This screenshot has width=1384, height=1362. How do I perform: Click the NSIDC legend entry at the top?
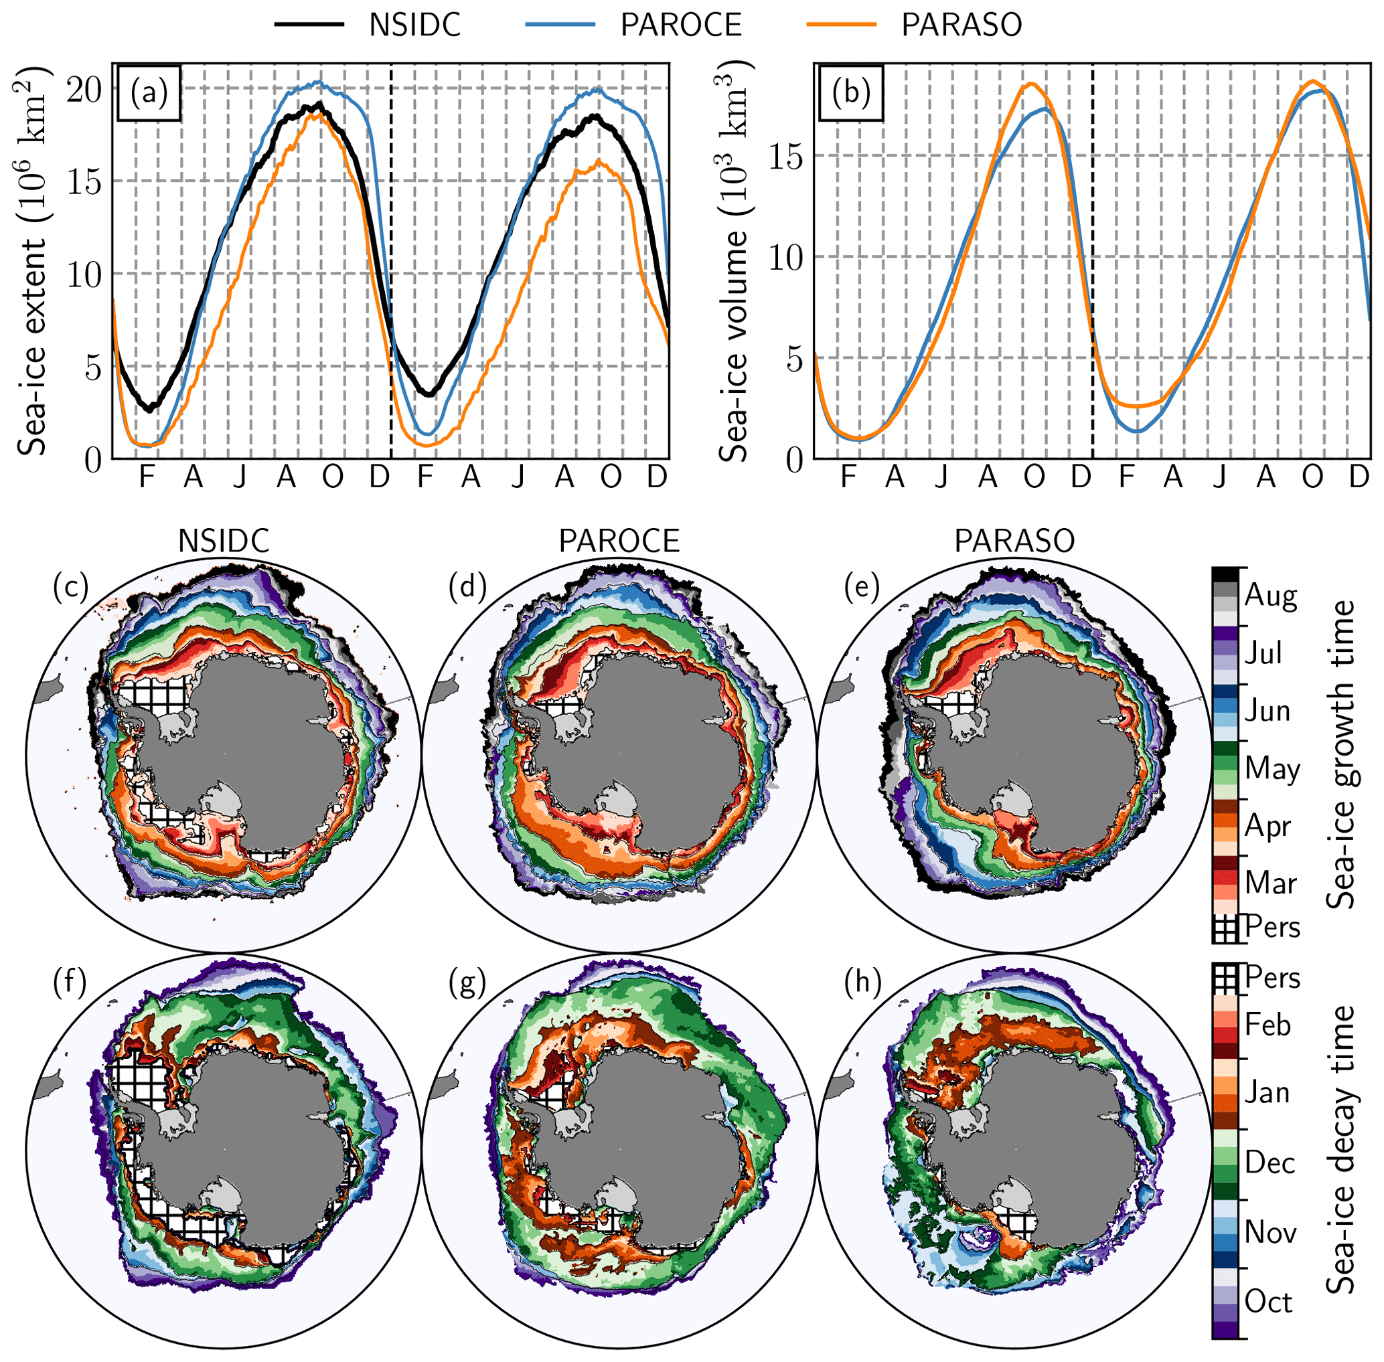(x=414, y=25)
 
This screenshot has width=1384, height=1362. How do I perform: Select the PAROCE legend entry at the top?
(x=680, y=25)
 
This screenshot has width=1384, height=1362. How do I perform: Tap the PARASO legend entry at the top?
(x=961, y=25)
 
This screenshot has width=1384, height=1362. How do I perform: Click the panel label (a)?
(x=149, y=93)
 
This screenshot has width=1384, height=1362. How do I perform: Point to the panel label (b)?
(x=851, y=93)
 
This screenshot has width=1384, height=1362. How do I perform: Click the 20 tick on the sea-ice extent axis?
(x=84, y=90)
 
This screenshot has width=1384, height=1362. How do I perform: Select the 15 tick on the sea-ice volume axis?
(x=786, y=156)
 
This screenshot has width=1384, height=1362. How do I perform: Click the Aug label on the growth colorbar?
(x=1271, y=595)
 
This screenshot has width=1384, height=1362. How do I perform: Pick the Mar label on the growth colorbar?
(x=1270, y=883)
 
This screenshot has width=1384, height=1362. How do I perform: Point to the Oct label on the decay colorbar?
(x=1268, y=1302)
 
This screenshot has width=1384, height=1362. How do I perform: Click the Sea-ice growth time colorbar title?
(x=1340, y=755)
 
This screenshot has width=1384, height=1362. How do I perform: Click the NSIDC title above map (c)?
(x=224, y=541)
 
